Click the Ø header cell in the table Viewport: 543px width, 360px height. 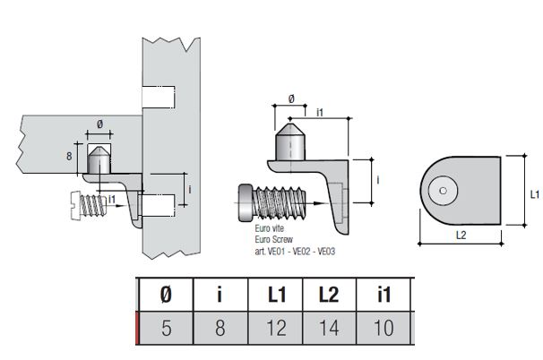point(167,295)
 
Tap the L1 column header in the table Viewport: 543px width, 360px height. point(275,295)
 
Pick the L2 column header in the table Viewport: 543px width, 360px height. point(329,295)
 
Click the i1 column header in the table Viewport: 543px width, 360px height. point(383,295)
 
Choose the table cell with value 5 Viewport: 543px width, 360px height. point(167,327)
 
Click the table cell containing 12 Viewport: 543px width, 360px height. point(275,327)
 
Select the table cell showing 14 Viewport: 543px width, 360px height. point(329,327)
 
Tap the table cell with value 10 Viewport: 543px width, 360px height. point(383,327)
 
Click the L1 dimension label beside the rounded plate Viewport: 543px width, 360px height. point(533,193)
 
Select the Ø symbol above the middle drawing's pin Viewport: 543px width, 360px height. point(292,99)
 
